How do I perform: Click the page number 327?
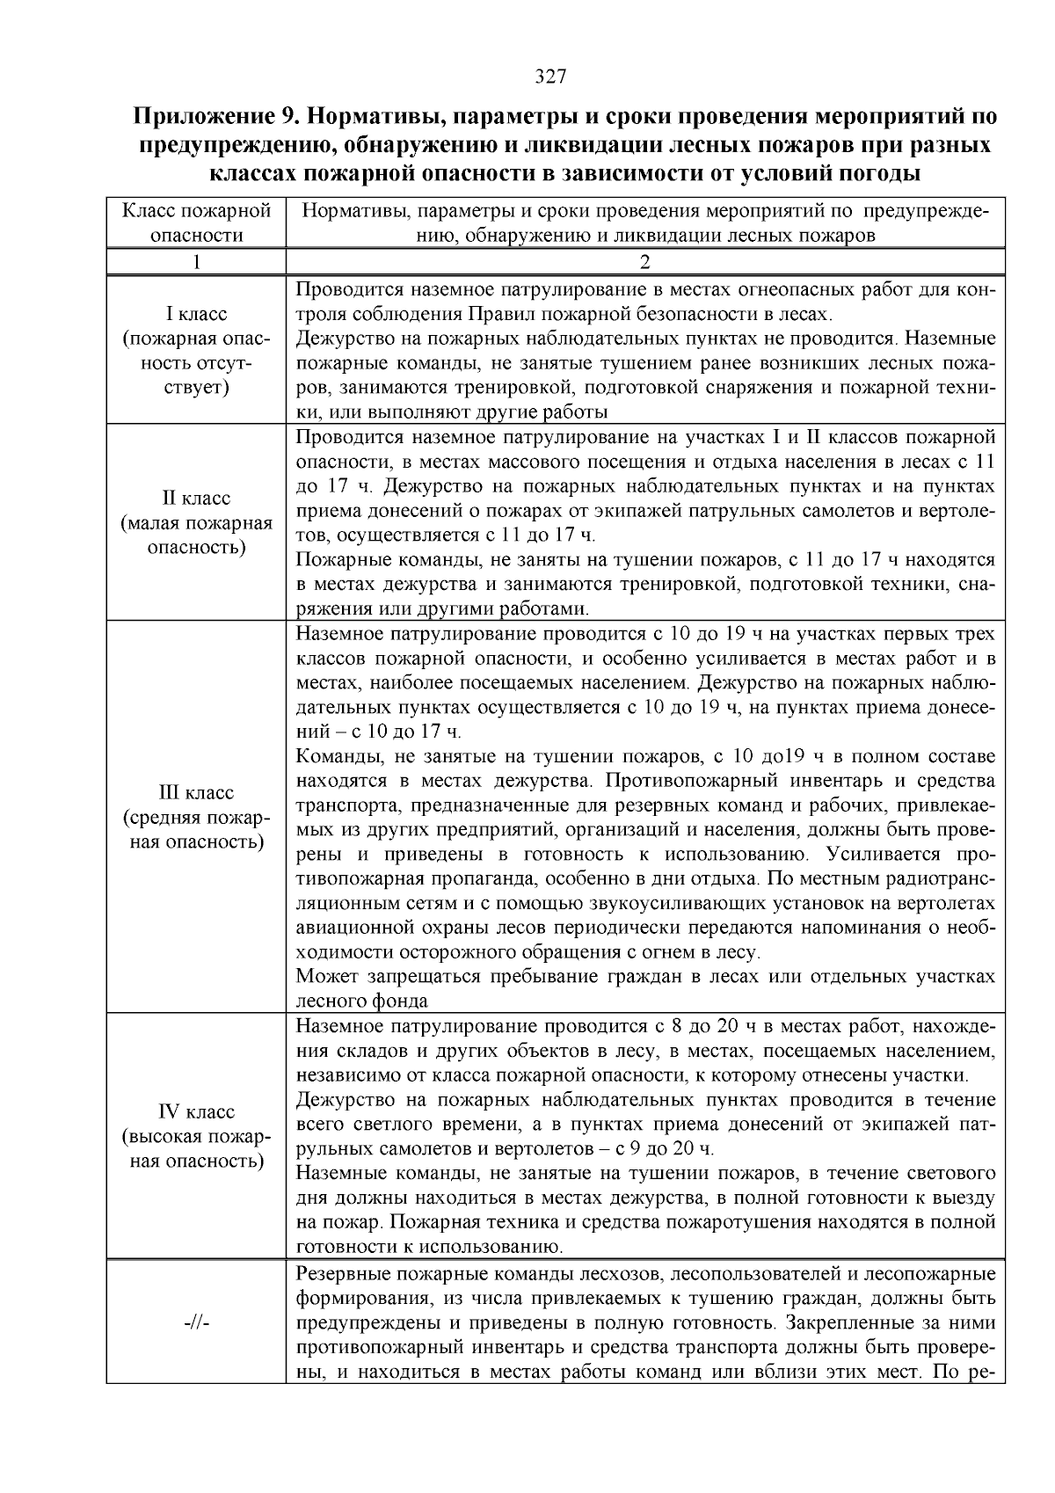550,76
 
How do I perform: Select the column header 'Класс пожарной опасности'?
195,222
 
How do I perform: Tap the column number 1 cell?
195,262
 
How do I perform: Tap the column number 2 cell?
644,262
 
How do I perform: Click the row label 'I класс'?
196,314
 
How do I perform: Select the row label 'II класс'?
196,499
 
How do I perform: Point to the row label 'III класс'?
196,793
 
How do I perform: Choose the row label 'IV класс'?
196,1112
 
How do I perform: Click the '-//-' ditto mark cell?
196,1323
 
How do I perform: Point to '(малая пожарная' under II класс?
196,523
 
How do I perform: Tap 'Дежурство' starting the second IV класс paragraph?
346,1100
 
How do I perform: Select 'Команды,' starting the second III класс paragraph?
336,756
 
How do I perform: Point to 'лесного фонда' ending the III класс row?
362,1001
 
